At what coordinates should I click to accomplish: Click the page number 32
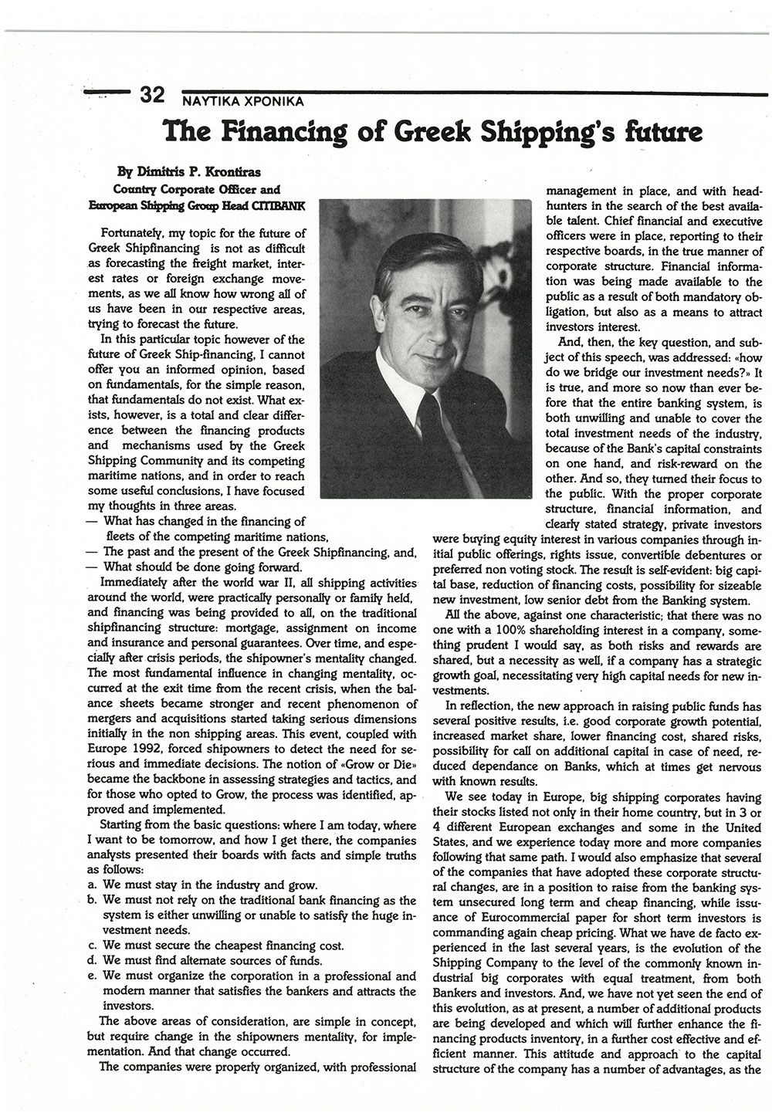click(x=152, y=95)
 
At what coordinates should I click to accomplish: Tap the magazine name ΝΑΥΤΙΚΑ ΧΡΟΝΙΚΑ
click(x=242, y=100)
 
